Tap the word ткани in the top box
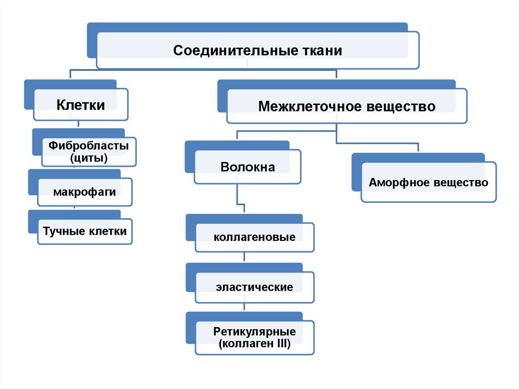point(317,51)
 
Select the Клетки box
point(81,105)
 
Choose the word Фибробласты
point(89,146)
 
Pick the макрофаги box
point(85,192)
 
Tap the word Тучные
point(64,232)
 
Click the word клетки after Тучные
point(108,232)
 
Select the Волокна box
point(247,167)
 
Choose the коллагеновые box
point(254,237)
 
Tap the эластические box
point(254,287)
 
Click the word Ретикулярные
point(254,332)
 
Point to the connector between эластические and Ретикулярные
point(245,307)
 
